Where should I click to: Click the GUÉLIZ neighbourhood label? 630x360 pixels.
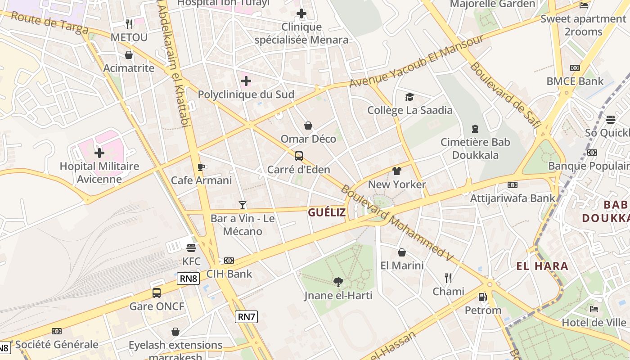(x=327, y=212)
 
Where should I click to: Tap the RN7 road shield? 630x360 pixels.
(x=246, y=316)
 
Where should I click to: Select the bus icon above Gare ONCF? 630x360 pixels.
(x=157, y=292)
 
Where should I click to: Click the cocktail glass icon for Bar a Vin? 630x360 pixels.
(x=243, y=205)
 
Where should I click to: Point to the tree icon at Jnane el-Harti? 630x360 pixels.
(x=338, y=282)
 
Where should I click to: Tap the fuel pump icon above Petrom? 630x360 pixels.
(x=482, y=297)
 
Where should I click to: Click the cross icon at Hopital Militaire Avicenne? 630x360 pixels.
(x=99, y=153)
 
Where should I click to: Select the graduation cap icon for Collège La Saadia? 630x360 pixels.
(x=409, y=97)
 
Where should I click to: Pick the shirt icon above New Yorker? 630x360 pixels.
(x=396, y=171)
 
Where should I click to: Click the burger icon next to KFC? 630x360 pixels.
(x=191, y=247)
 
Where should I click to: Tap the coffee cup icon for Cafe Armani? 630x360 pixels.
(x=201, y=167)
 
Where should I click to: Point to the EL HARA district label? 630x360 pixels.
(x=542, y=266)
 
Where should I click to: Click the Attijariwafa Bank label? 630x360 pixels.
(x=513, y=198)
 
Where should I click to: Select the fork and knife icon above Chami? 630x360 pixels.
(x=448, y=278)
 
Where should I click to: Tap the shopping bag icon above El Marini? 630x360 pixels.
(x=402, y=252)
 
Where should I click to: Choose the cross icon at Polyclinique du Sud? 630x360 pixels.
(x=246, y=81)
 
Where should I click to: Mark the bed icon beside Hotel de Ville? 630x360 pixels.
(x=594, y=309)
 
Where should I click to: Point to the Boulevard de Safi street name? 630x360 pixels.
(x=504, y=94)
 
